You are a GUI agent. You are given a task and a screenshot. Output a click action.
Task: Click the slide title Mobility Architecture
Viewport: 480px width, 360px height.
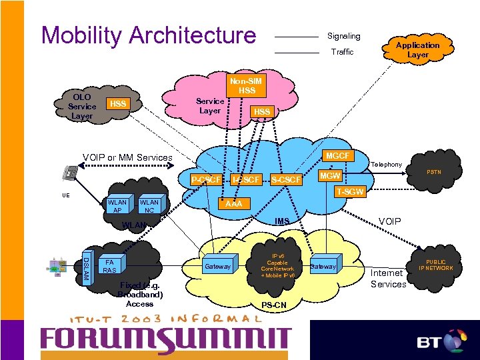coord(148,35)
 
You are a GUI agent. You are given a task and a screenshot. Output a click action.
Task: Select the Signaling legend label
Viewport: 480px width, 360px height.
coord(343,36)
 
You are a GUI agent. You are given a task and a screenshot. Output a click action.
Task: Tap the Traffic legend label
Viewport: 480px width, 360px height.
coord(341,52)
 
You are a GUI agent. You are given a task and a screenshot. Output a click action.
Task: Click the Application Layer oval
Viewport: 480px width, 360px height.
coord(418,50)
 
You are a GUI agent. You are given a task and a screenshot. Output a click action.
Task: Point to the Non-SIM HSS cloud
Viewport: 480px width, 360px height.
coord(247,86)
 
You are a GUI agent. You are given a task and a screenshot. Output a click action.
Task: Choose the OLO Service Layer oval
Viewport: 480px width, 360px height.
coord(81,107)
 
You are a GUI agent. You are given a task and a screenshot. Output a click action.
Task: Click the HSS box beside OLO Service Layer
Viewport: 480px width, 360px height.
coord(118,104)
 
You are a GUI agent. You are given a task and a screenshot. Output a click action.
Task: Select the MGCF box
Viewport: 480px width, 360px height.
coord(337,155)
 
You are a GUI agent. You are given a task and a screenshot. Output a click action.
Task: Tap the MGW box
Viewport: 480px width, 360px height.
coord(329,176)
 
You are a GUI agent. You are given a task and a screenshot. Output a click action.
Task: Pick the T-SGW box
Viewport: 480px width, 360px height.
coord(350,192)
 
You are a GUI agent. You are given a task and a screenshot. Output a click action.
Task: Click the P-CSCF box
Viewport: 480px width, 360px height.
coord(205,179)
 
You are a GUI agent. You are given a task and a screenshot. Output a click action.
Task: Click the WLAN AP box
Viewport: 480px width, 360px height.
coord(117,206)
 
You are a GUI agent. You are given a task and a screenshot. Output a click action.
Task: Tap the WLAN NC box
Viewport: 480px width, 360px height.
coord(149,206)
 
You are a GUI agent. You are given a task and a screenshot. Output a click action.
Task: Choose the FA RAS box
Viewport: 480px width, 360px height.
coord(110,266)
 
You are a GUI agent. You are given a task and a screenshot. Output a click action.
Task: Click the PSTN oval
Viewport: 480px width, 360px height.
coord(435,173)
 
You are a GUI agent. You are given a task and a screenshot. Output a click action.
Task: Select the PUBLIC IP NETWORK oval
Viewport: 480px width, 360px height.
coord(437,265)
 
